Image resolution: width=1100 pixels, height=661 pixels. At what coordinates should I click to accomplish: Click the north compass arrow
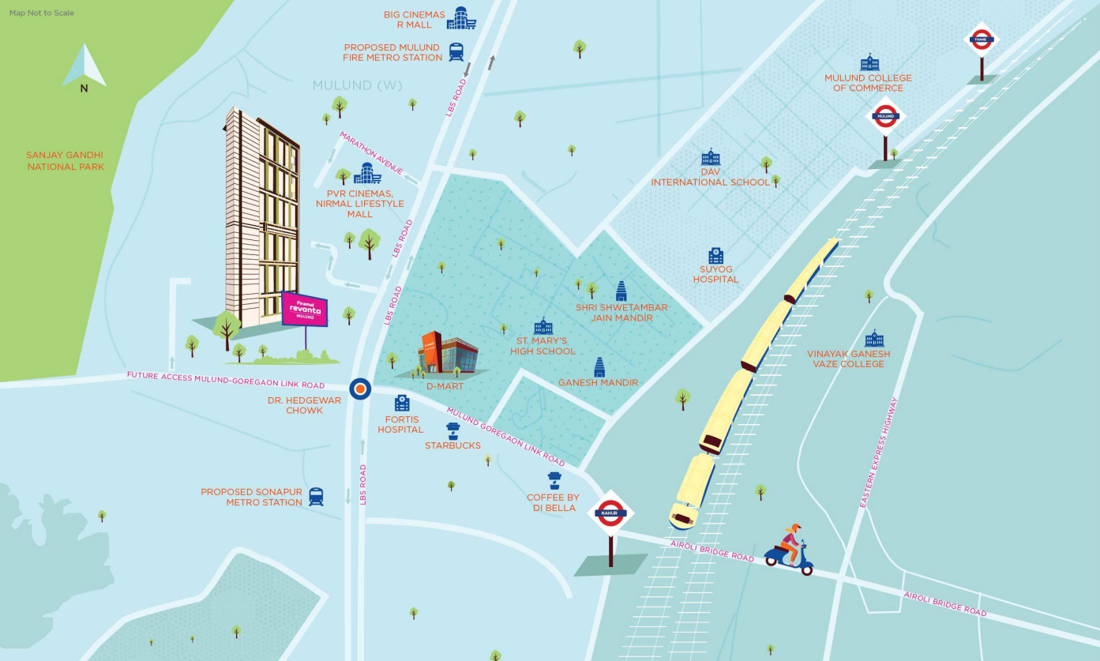click(84, 66)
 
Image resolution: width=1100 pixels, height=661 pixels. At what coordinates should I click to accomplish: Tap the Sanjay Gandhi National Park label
click(65, 161)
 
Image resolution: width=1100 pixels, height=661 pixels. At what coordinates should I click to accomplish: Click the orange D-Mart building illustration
click(447, 355)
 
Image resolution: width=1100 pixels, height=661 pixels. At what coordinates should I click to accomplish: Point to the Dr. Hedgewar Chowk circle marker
click(359, 388)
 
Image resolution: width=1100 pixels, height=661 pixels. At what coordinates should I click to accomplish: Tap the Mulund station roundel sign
click(884, 117)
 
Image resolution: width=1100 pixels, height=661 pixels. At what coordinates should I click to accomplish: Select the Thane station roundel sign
click(982, 39)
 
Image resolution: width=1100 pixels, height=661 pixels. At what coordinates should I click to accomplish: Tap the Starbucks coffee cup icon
click(452, 430)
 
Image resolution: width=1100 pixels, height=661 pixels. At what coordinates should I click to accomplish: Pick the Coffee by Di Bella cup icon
click(554, 481)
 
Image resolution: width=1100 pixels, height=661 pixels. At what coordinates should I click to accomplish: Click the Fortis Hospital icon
click(401, 404)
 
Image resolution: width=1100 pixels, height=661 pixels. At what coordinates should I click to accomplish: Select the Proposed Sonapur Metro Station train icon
click(316, 497)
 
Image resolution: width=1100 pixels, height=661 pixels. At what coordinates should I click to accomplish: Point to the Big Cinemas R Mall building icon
click(461, 19)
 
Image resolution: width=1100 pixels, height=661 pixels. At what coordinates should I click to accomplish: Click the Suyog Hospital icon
click(715, 256)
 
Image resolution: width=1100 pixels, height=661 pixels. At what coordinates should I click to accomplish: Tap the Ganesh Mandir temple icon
click(599, 366)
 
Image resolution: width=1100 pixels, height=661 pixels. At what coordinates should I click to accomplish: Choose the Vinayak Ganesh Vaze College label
click(848, 359)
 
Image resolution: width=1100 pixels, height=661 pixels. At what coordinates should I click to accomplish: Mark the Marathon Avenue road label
click(371, 153)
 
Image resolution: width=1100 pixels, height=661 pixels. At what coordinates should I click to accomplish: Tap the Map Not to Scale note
click(42, 13)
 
